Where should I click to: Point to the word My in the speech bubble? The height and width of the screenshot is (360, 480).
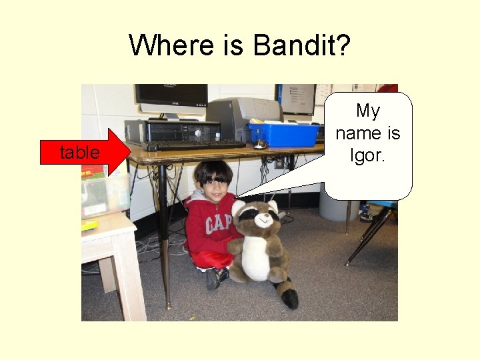(367, 111)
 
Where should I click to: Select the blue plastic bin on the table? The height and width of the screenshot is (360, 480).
(283, 135)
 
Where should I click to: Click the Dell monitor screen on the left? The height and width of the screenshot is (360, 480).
(172, 96)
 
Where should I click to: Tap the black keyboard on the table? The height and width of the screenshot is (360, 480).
(197, 145)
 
